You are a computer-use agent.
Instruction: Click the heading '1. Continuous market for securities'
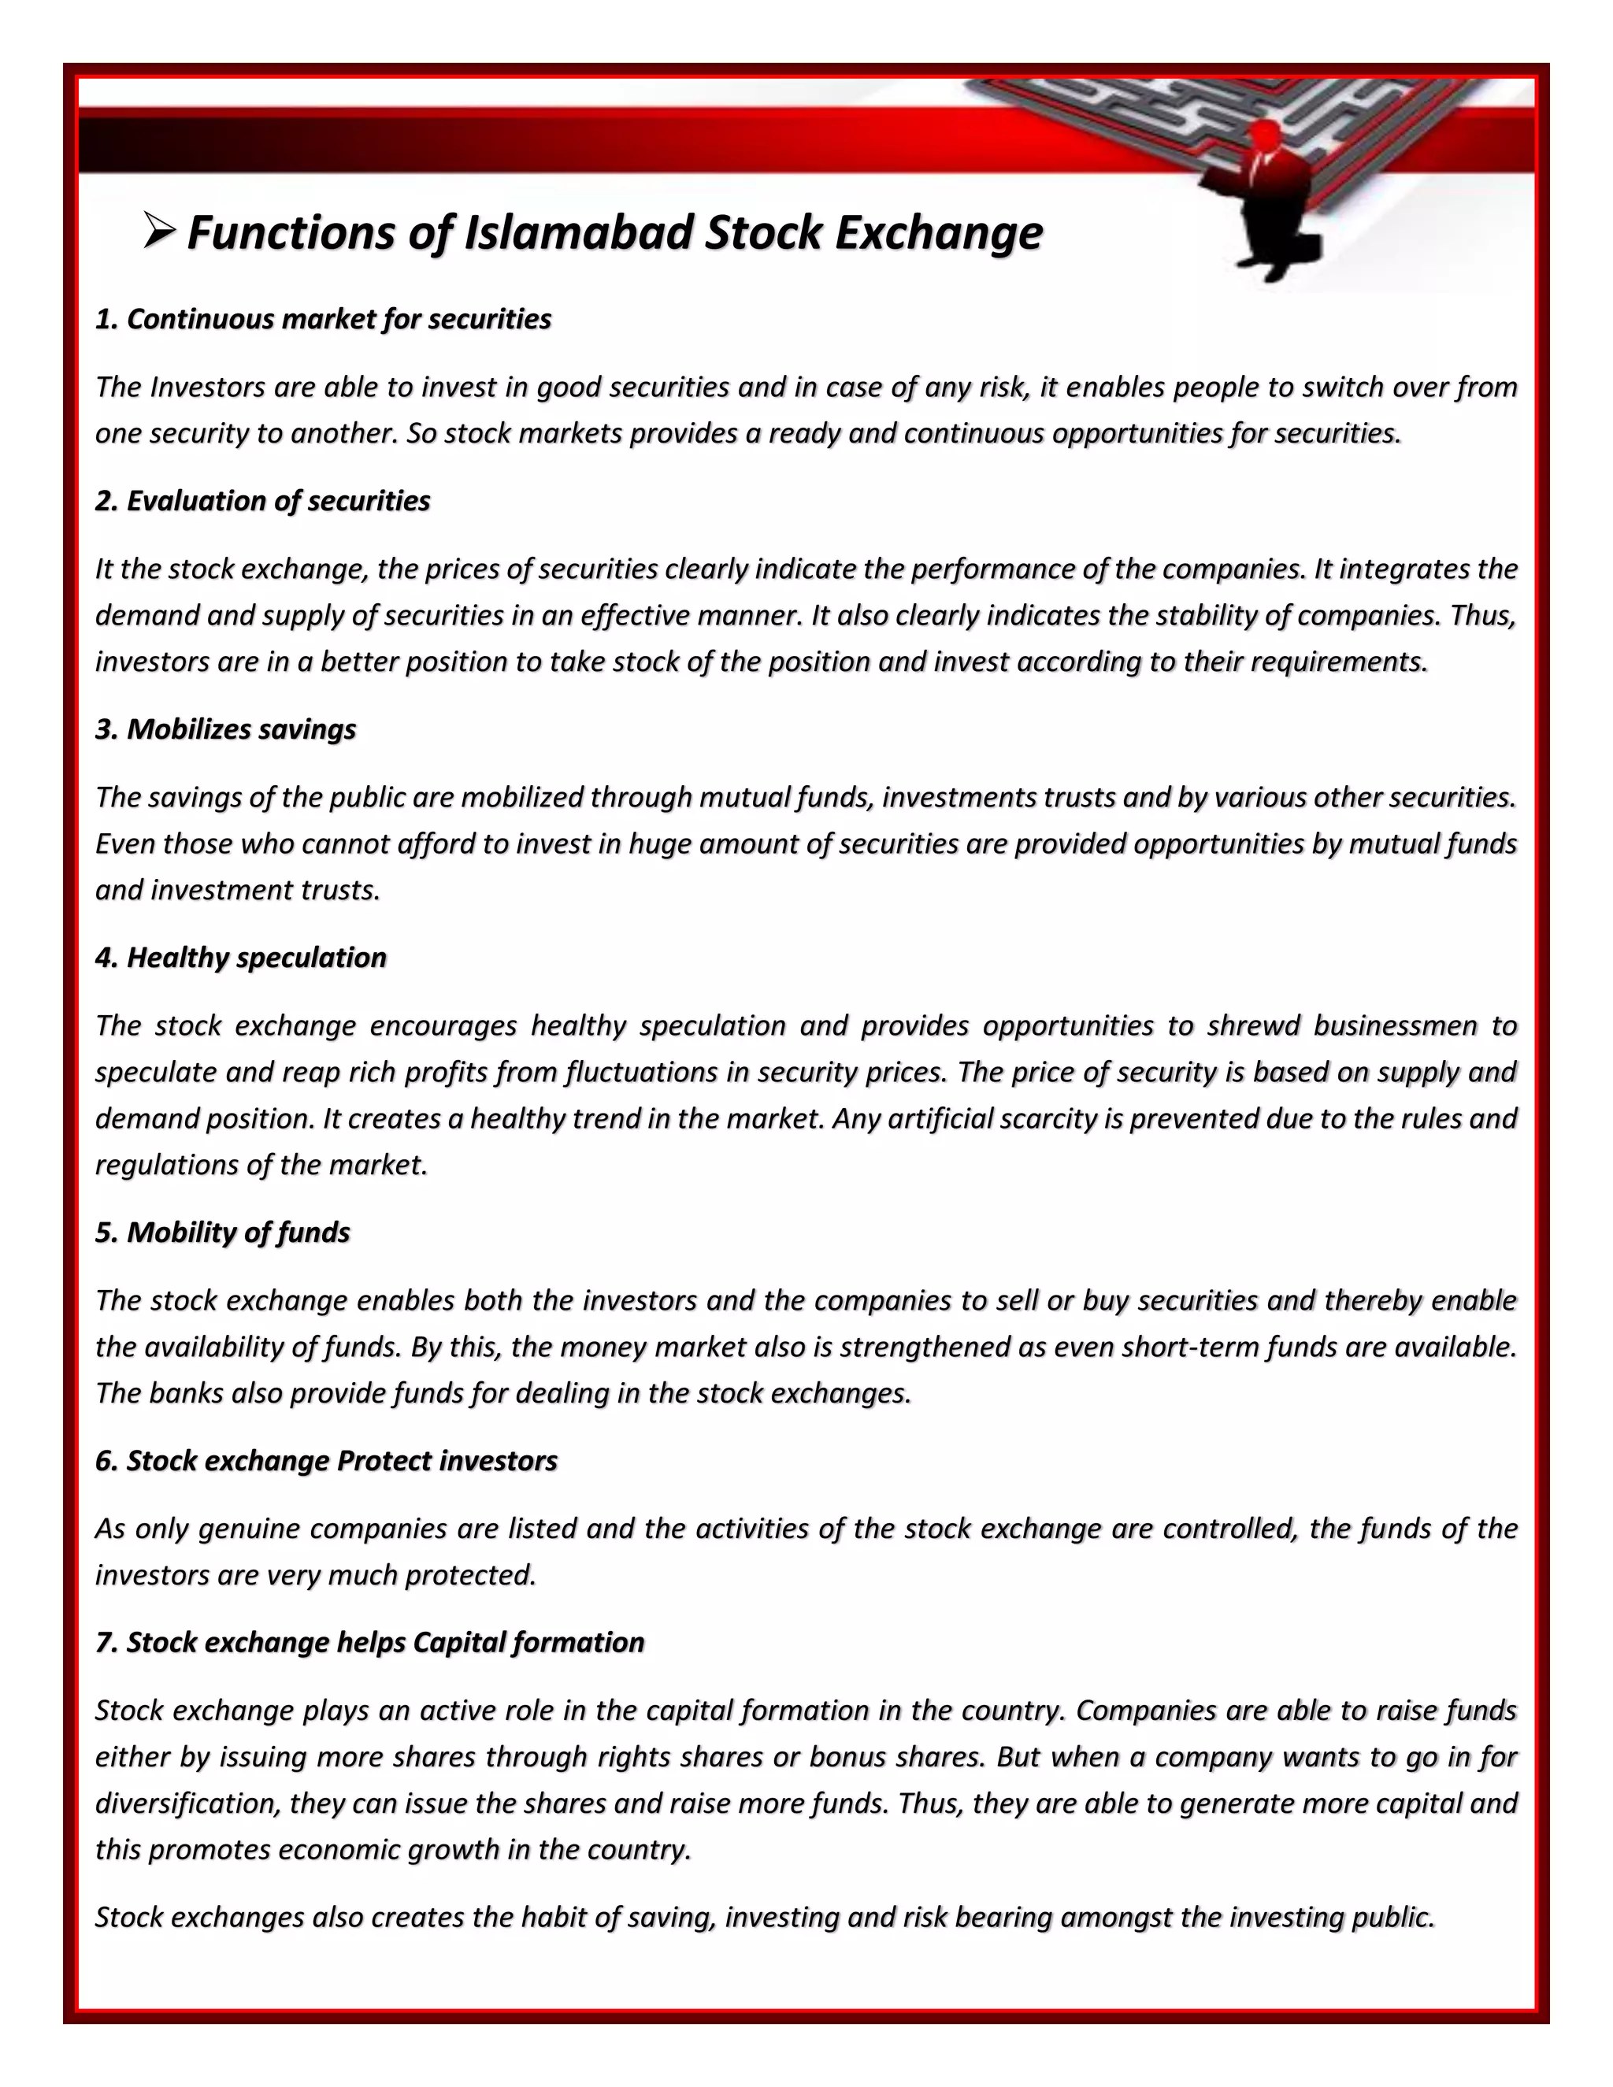[323, 319]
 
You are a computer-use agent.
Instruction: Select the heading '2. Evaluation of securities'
[263, 501]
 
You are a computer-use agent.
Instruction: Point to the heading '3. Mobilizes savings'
[225, 729]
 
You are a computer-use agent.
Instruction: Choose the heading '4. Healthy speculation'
[241, 958]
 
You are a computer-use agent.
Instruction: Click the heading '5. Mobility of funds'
[223, 1233]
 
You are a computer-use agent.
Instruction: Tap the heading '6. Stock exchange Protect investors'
[326, 1461]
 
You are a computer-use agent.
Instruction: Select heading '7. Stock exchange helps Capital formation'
[370, 1643]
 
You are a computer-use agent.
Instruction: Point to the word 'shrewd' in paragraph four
[1251, 1026]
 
